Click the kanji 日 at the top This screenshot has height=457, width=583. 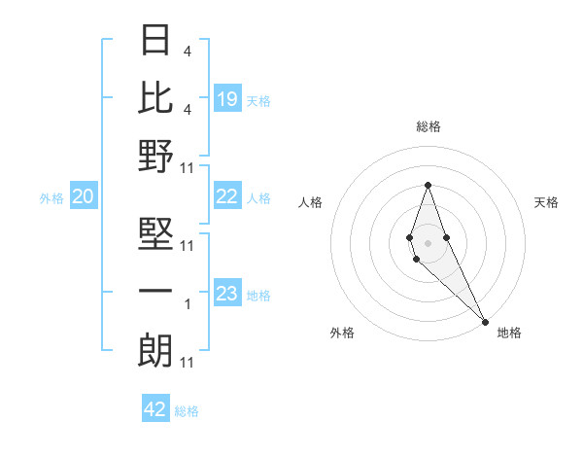pyautogui.click(x=155, y=41)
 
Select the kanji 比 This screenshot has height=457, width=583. pyautogui.click(x=155, y=97)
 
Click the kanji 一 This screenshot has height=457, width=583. pyautogui.click(x=155, y=292)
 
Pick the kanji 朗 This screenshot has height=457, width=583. pyautogui.click(x=155, y=350)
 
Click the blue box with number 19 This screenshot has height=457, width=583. pyautogui.click(x=227, y=99)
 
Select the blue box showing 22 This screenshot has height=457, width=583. pyautogui.click(x=227, y=197)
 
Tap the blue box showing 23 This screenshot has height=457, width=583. pyautogui.click(x=227, y=295)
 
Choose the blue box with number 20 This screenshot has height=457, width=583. pyautogui.click(x=83, y=197)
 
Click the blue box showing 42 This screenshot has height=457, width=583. pyautogui.click(x=155, y=409)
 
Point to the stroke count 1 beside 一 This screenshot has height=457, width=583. pyautogui.click(x=188, y=304)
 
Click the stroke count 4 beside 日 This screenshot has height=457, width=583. pyautogui.click(x=188, y=52)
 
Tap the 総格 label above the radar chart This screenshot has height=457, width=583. pyautogui.click(x=429, y=126)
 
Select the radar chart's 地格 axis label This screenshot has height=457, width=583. pyautogui.click(x=509, y=333)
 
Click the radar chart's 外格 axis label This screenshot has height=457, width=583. pyautogui.click(x=342, y=333)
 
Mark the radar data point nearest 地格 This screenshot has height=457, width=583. pyautogui.click(x=485, y=321)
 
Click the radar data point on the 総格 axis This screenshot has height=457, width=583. pyautogui.click(x=428, y=185)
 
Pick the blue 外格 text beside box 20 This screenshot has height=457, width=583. pyautogui.click(x=51, y=198)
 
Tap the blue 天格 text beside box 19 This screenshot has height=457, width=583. pyautogui.click(x=258, y=100)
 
